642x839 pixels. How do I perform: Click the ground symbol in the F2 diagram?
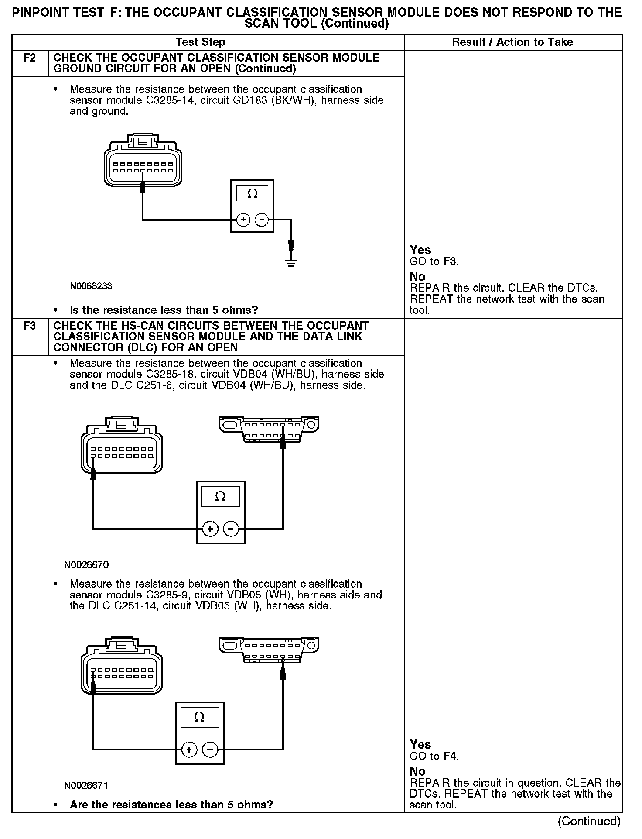(x=291, y=262)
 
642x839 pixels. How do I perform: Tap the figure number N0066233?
(x=91, y=286)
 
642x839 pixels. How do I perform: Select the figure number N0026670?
(x=86, y=565)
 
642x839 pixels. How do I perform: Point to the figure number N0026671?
(x=86, y=785)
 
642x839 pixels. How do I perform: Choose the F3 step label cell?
(x=30, y=326)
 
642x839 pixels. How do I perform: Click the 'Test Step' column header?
(x=200, y=42)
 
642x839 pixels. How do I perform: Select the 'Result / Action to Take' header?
(x=512, y=42)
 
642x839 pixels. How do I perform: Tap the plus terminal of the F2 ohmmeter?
(x=243, y=220)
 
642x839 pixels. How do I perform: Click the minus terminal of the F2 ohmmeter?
(x=261, y=220)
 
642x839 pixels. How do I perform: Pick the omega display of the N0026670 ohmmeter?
(x=220, y=497)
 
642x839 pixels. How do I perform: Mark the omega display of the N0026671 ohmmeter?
(x=199, y=717)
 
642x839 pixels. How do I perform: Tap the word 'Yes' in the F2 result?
(x=420, y=250)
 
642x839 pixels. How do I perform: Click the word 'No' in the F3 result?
(x=417, y=771)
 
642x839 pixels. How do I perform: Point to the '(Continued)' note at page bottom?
(x=589, y=821)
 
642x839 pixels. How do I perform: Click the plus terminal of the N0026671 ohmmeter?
(x=189, y=750)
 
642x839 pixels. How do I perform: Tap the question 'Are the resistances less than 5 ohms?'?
(x=171, y=804)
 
